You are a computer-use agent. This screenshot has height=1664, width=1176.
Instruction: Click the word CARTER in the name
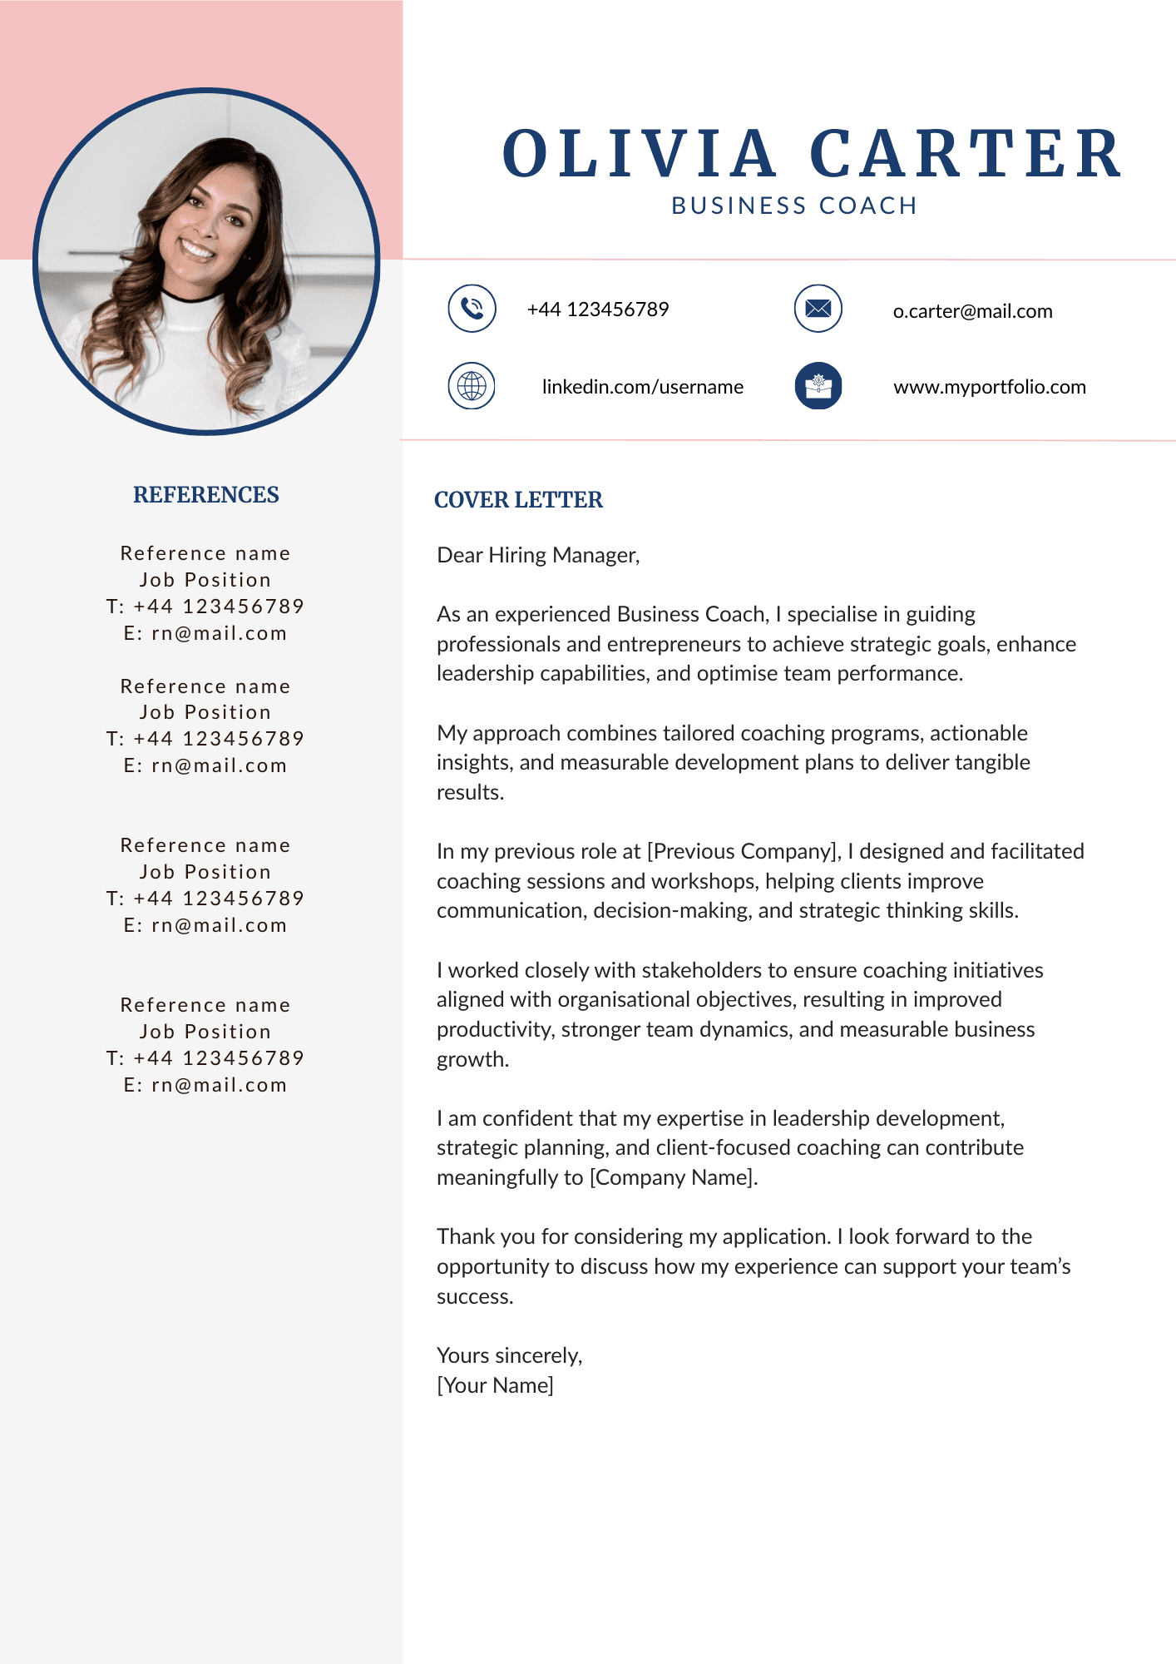tap(966, 155)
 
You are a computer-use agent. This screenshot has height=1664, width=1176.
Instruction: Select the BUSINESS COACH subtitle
tap(794, 206)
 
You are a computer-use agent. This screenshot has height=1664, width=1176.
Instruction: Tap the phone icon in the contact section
tap(472, 309)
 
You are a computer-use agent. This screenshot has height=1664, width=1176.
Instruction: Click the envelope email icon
tap(818, 309)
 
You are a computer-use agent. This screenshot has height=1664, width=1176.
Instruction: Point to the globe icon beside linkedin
tap(472, 386)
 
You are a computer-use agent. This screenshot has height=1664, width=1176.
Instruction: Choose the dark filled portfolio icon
tap(818, 386)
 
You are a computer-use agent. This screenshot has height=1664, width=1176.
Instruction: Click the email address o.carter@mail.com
tap(972, 311)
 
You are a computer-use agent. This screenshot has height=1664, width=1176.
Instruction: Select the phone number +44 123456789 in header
tap(598, 310)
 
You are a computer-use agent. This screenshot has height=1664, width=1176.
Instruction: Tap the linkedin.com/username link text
tap(642, 387)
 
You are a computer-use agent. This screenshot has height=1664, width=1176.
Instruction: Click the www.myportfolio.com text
tap(990, 387)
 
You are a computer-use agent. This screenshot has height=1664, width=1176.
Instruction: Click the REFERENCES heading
tap(206, 495)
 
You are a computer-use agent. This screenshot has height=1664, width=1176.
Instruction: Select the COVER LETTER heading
tap(518, 500)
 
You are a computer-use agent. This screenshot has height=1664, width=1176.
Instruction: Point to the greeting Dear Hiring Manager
tap(538, 555)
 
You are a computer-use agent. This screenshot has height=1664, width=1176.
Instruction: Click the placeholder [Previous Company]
tap(744, 851)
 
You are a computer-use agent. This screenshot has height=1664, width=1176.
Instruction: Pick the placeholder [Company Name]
tap(673, 1177)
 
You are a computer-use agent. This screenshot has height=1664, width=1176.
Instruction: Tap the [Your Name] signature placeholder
tap(495, 1385)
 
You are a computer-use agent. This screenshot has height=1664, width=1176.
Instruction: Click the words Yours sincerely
tap(509, 1355)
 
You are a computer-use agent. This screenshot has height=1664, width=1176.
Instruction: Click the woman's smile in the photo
tap(198, 248)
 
